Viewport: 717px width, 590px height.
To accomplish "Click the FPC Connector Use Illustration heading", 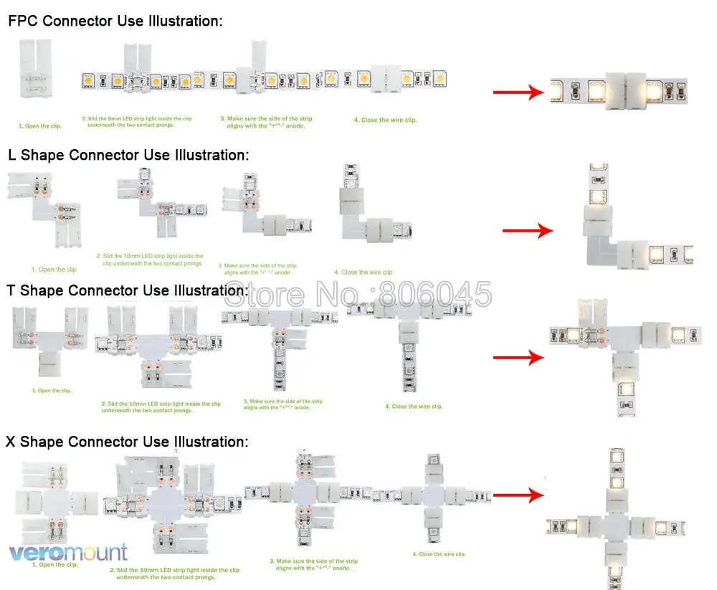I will click(x=115, y=22).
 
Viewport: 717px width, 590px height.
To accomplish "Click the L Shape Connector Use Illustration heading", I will click(x=128, y=156).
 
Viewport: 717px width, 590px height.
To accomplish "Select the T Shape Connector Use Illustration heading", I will click(x=128, y=291).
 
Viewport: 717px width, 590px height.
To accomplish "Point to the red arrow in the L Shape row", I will click(x=528, y=231).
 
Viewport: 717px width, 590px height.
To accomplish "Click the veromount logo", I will click(x=68, y=552).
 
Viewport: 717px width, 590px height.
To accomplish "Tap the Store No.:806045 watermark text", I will click(x=358, y=295).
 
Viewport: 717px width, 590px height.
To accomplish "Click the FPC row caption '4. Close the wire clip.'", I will click(x=385, y=120).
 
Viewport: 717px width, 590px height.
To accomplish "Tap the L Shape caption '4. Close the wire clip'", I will click(x=363, y=272).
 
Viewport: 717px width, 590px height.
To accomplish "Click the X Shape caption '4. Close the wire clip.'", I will click(x=439, y=554).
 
